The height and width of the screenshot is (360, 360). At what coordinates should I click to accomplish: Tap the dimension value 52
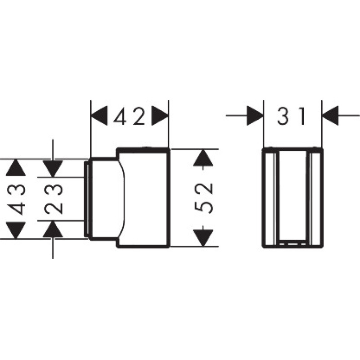pyautogui.click(x=204, y=198)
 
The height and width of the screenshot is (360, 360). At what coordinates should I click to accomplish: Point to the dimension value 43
pyautogui.click(x=16, y=198)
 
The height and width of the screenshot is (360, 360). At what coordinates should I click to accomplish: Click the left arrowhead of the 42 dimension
pyautogui.click(x=99, y=117)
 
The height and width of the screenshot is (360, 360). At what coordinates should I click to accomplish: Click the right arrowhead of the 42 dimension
pyautogui.click(x=160, y=117)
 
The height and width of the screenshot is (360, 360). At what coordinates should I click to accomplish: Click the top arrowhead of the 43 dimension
pyautogui.click(x=16, y=168)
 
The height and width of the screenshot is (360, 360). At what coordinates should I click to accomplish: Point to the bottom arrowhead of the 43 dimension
pyautogui.click(x=16, y=230)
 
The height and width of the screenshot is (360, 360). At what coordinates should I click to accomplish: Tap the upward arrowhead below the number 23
pyautogui.click(x=53, y=229)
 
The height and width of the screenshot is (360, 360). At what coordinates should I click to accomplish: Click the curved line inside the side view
pyautogui.click(x=123, y=198)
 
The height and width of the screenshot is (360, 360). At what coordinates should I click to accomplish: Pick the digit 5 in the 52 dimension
pyautogui.click(x=204, y=207)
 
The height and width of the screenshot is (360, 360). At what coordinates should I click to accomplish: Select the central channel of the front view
pyautogui.click(x=292, y=198)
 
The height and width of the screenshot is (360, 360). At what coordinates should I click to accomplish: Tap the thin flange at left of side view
pyautogui.click(x=86, y=198)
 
